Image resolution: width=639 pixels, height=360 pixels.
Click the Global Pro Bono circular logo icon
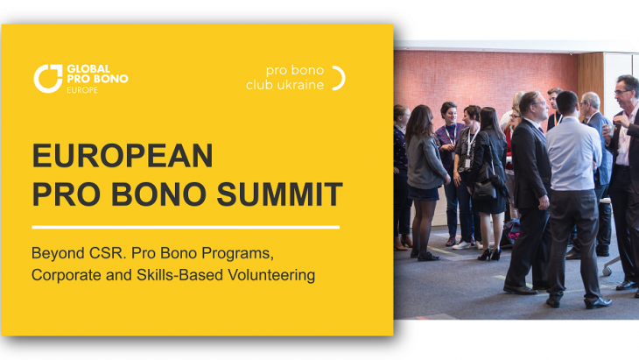click(x=47, y=79)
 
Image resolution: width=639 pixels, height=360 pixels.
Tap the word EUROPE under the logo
click(x=82, y=90)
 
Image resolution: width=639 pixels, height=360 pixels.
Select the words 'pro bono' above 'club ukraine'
click(x=295, y=71)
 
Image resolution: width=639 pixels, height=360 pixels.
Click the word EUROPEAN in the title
click(x=123, y=155)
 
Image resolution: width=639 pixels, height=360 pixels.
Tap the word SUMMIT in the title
click(x=279, y=194)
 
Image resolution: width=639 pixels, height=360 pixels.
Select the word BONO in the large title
click(x=158, y=194)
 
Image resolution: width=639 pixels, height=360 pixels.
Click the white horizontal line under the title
click(x=186, y=227)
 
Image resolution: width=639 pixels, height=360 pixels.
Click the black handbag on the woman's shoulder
click(x=485, y=187)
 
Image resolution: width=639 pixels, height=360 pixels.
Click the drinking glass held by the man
click(x=609, y=131)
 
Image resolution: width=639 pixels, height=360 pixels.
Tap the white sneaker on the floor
click(x=461, y=245)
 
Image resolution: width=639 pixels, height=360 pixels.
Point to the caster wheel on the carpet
click(x=607, y=272)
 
